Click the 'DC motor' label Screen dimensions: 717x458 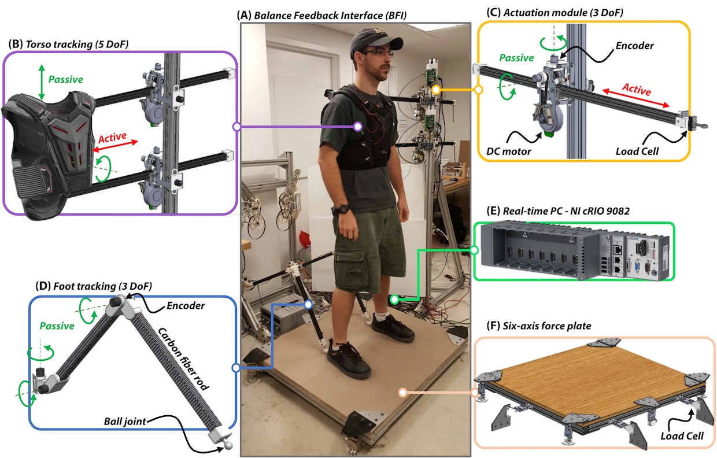[509, 151]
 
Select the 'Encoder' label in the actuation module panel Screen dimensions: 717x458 [634, 46]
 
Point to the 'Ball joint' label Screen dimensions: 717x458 [125, 421]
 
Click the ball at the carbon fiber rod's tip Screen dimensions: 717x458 [228, 445]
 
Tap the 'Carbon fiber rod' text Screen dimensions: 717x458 [183, 359]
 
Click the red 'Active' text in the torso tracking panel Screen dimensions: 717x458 [112, 138]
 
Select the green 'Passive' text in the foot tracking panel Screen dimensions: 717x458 [57, 326]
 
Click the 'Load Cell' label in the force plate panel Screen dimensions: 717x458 [682, 435]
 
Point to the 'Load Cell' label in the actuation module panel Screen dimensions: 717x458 [637, 151]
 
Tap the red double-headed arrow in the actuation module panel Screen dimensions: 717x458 [636, 98]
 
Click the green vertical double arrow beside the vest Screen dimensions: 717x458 [42, 82]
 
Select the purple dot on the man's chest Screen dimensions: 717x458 [358, 127]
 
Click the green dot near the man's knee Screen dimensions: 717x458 [395, 300]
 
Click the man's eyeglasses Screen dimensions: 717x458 [378, 53]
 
